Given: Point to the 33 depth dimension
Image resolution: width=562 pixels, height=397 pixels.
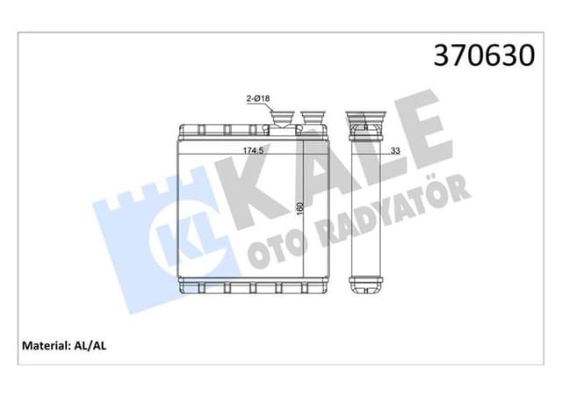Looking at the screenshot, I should (x=395, y=151).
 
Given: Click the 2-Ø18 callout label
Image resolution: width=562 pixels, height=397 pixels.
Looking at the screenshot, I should (x=258, y=100).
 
